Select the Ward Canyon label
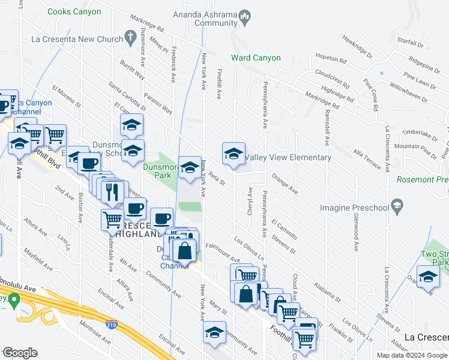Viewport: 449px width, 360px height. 256,58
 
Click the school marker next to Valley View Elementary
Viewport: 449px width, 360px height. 234,154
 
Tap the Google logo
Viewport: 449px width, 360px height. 20,353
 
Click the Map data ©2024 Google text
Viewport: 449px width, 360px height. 412,355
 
